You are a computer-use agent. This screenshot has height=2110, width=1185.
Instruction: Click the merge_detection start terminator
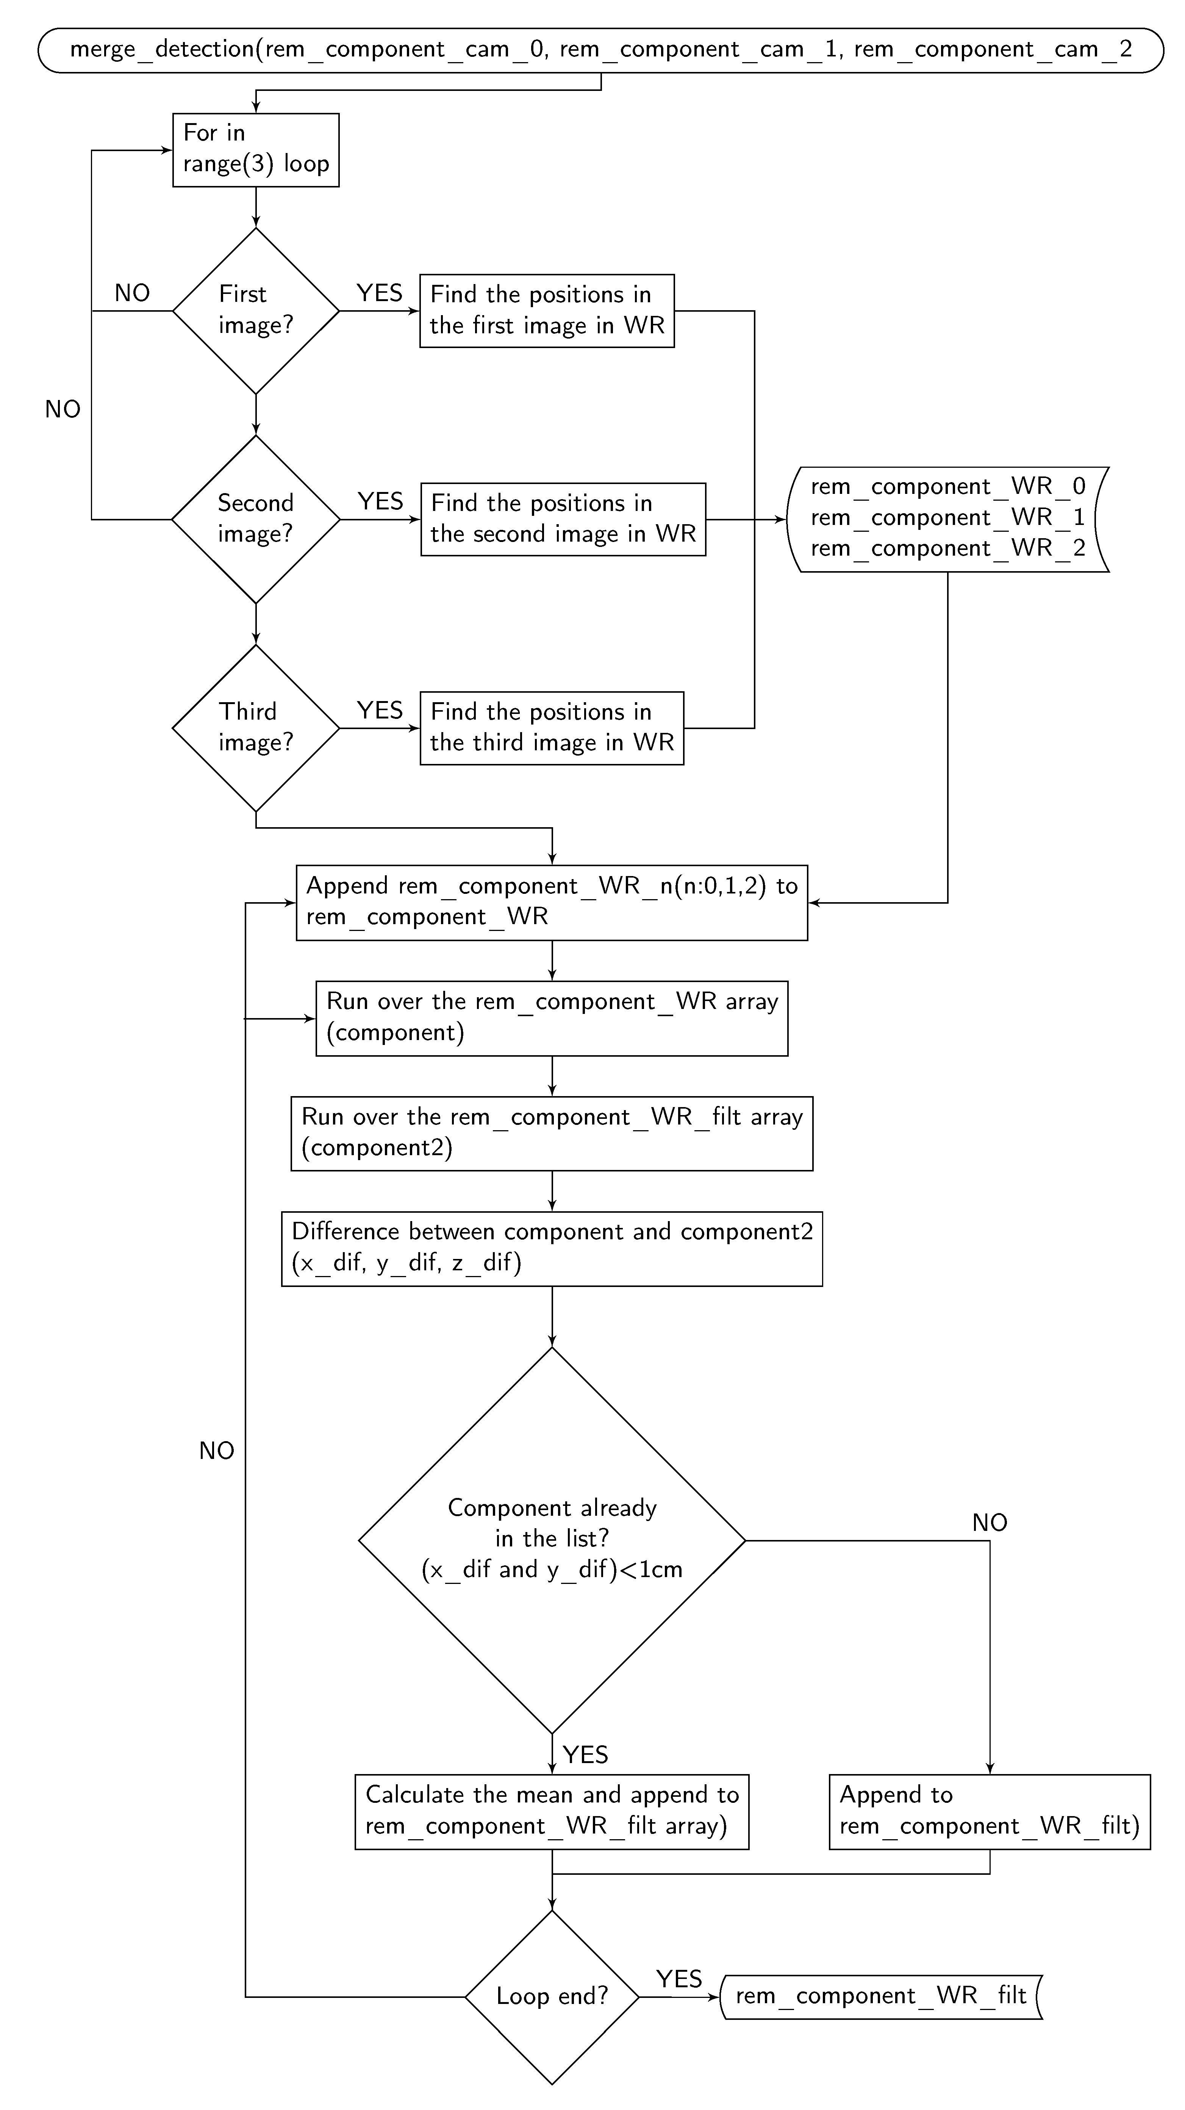601,50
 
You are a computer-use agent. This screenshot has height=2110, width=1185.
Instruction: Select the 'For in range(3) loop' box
256,150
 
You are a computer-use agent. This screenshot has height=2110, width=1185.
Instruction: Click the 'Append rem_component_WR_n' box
552,902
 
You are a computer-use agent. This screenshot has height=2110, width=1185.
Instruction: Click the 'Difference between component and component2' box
552,1248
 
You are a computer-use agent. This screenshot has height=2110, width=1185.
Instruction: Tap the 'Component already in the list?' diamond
552,1540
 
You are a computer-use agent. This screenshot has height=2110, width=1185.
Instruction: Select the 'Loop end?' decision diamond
552,1996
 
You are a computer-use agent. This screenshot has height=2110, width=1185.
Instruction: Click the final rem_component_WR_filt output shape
881,1996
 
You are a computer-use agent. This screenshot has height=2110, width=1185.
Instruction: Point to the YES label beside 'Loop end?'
678,1979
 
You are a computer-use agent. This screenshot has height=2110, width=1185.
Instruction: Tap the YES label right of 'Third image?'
380,710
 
